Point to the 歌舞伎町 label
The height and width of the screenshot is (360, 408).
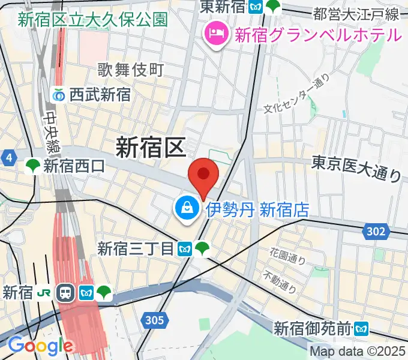130,70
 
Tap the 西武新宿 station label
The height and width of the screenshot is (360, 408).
99,95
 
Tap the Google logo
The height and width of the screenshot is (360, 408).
40,346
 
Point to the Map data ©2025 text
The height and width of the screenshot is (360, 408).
358,351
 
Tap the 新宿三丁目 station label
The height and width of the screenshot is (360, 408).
136,248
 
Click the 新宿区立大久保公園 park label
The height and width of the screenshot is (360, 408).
92,19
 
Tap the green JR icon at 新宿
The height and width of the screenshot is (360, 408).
44,293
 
